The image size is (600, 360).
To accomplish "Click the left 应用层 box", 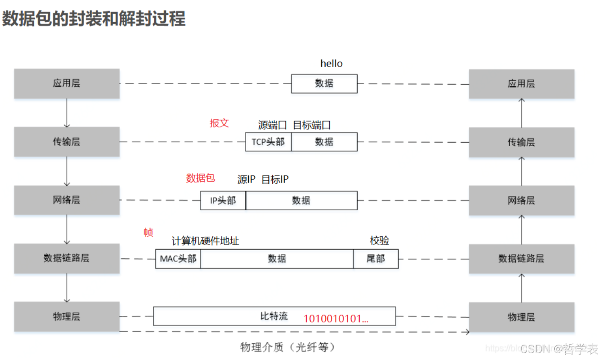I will pos(67,83).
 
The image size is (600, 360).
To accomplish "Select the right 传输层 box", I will pos(521,142).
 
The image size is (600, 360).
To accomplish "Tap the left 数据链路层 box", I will pos(67,258).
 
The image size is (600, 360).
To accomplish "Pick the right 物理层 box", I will pos(521,317).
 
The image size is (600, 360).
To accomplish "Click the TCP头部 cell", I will pos(268,142).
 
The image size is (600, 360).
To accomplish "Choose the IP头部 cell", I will pos(223,201).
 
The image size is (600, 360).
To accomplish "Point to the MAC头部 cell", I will pos(178,259).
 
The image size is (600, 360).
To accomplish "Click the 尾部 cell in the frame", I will pos(376,259).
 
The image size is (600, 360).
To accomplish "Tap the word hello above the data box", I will pos(332,64).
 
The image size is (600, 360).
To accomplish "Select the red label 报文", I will pos(219,123).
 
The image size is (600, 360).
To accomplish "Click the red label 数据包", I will pos(200,178).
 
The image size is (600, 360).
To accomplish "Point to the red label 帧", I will pos(148,232).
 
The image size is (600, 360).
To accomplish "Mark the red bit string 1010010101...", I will pos(335,319).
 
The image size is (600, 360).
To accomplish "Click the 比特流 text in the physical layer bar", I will pos(274,316).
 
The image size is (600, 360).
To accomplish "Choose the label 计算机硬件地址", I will pos(205,241).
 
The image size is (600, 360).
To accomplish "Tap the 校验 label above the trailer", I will pos(379,241).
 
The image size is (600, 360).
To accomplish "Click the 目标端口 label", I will pos(312,125).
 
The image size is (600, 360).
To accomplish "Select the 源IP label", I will pos(246,180).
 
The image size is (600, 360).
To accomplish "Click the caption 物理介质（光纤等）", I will pos(287,347).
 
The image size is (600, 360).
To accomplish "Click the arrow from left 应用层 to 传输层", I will pos(67,113).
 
